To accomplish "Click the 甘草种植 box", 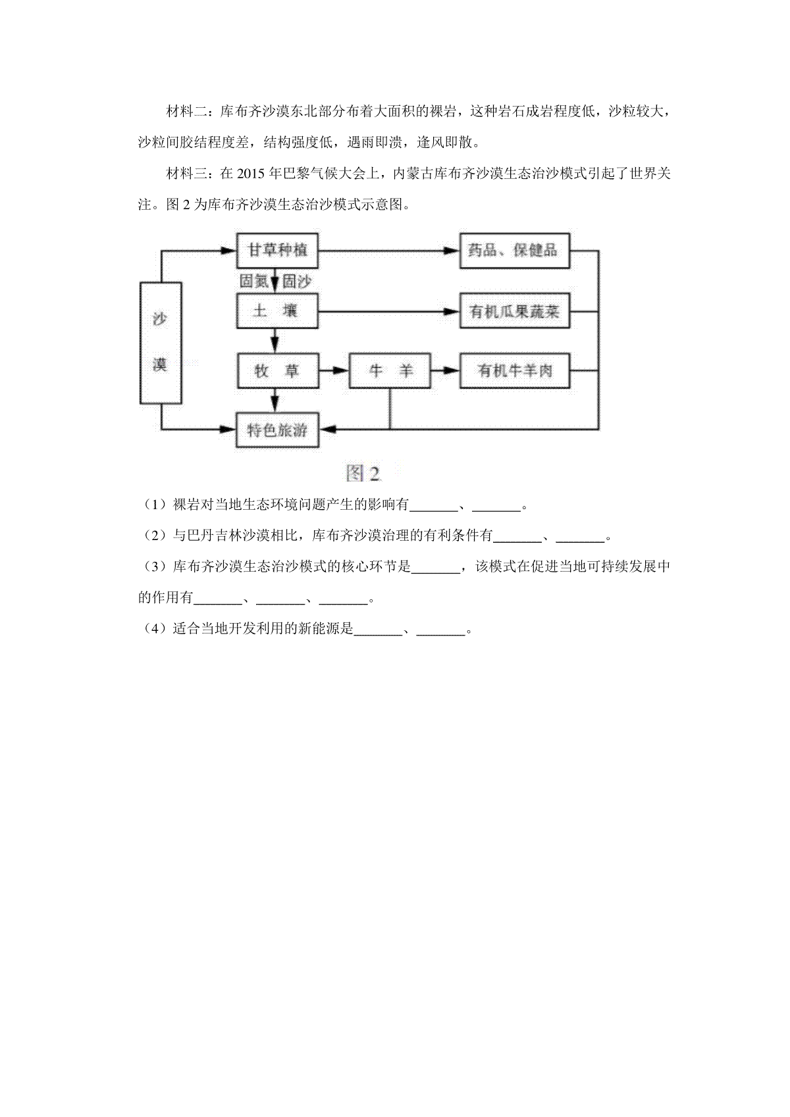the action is [277, 251].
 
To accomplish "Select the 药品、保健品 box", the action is [515, 251].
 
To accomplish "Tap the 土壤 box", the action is [277, 311].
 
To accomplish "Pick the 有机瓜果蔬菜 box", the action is [515, 311].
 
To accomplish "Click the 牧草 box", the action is [277, 371].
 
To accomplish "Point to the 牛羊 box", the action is [390, 371].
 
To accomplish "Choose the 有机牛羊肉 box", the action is [515, 371].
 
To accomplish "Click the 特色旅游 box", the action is [277, 430].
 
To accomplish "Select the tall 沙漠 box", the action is [161, 343].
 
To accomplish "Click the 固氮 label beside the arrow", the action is [254, 282].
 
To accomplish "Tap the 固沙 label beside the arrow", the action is [297, 282].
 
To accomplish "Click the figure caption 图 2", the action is [363, 473].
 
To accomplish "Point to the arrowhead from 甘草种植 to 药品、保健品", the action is [452, 251].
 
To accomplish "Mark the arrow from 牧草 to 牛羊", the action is [333, 371].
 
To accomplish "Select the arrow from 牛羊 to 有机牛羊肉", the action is [445, 371].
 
